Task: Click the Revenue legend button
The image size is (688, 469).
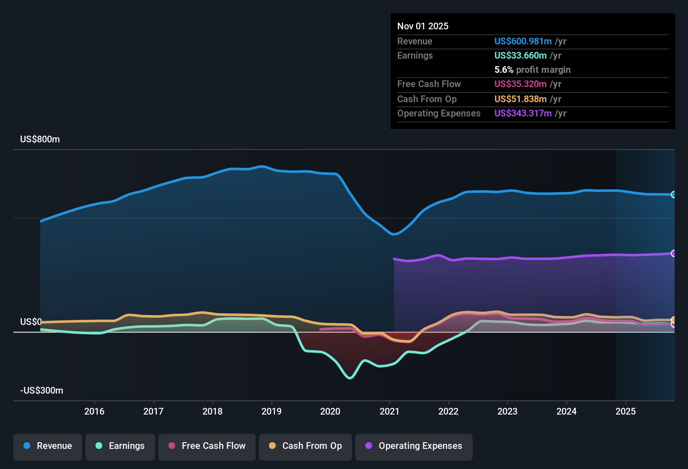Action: pos(48,446)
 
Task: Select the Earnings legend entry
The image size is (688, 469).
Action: pos(120,446)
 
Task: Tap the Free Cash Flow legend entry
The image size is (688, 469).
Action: pos(207,446)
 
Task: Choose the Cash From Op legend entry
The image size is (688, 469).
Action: pos(305,446)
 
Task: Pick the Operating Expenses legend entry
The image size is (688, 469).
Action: pos(414,446)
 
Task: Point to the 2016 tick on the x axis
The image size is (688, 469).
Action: pos(94,411)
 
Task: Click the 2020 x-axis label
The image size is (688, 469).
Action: pos(330,411)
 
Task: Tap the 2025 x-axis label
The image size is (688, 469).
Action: pos(625,411)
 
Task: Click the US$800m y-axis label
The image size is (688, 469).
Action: pos(40,139)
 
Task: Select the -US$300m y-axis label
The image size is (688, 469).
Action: pos(41,391)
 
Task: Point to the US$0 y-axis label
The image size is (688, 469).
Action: pos(31,322)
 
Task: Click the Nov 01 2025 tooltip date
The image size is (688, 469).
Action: pos(422,26)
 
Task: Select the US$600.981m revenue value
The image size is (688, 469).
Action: pos(522,41)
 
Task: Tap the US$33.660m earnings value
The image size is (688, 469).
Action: pos(520,56)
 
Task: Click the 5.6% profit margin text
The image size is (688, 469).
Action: pos(532,70)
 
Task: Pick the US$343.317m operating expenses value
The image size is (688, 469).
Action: pos(522,113)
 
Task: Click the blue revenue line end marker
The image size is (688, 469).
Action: pos(673,195)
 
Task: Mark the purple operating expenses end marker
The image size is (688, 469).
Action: pos(673,253)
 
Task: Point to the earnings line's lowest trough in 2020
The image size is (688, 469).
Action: pos(350,378)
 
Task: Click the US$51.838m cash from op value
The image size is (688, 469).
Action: pos(520,99)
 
